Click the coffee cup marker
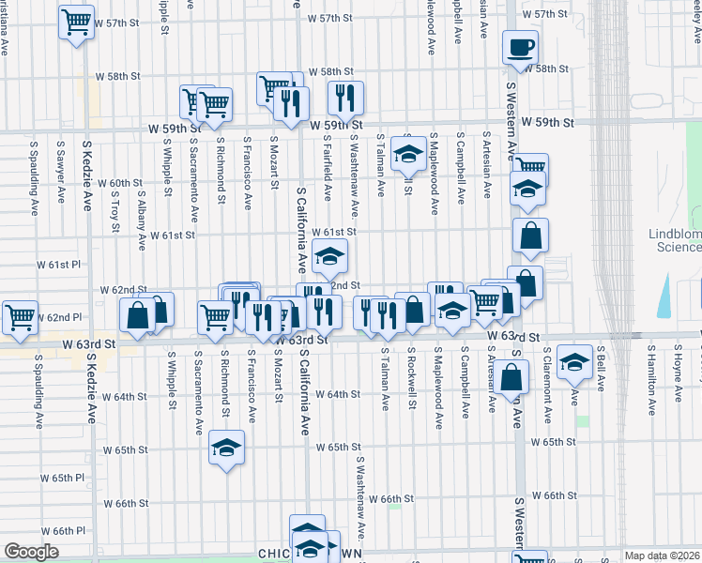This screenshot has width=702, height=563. coord(520,48)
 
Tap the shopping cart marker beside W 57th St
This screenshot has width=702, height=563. coord(76,22)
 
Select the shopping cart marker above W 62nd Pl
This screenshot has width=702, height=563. coord(20,317)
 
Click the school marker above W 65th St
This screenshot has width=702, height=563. coord(226,449)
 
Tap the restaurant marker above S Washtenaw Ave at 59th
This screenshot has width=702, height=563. coord(345,98)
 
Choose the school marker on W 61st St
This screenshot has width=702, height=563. coord(329,255)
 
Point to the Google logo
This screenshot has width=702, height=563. coord(31,552)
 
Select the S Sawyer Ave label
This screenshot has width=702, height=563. coord(60,179)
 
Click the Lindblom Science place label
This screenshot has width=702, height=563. coord(675,240)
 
